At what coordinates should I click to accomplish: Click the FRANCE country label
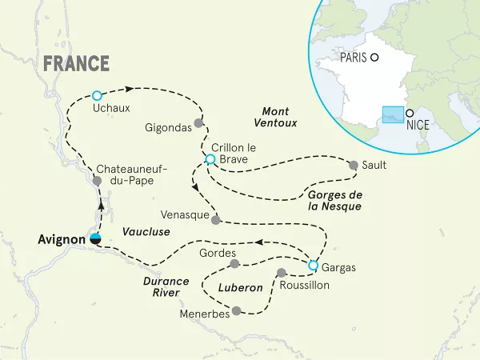[x=76, y=63]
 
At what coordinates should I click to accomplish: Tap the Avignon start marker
[x=96, y=238]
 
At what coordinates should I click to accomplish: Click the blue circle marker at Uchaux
[x=97, y=94]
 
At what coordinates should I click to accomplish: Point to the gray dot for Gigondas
[x=199, y=123]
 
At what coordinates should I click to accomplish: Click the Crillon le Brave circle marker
[x=210, y=159]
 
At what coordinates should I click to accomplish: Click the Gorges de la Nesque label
[x=334, y=201]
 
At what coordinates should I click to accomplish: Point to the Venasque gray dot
[x=215, y=217]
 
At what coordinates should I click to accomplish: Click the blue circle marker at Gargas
[x=314, y=266]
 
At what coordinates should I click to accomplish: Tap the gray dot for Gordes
[x=234, y=264]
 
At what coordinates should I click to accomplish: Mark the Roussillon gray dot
[x=281, y=273]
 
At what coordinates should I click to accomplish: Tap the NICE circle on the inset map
[x=410, y=113]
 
